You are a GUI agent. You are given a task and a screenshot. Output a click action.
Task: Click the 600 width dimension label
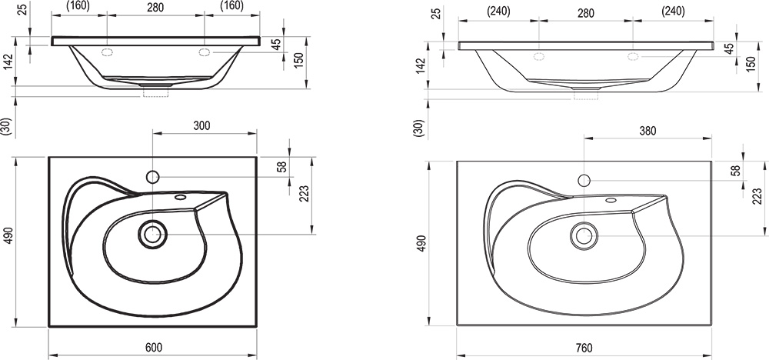point(154,347)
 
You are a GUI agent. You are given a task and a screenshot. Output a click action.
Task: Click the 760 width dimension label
point(584,348)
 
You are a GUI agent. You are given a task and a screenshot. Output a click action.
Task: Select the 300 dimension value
point(201,125)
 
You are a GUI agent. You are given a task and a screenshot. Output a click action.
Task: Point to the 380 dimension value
point(647,131)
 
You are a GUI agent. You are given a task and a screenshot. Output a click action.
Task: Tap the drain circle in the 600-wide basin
point(152,234)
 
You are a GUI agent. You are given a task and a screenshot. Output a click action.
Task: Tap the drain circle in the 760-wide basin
point(584,236)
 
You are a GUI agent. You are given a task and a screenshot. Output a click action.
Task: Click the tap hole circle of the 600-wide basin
point(152,177)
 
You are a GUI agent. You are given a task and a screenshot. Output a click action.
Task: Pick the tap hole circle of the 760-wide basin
point(584,181)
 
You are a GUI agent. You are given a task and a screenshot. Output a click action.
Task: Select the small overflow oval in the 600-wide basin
point(181,198)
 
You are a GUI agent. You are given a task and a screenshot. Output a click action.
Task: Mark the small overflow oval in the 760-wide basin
point(611,200)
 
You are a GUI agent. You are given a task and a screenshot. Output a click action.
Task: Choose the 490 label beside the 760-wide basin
point(421,244)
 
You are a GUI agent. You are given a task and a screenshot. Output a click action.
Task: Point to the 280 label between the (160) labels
point(155,8)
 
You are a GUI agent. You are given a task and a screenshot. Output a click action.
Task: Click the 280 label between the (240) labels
point(585,12)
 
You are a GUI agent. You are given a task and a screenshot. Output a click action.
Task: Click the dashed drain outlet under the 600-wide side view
point(155,92)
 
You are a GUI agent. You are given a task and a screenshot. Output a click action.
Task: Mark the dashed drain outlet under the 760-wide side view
point(586,95)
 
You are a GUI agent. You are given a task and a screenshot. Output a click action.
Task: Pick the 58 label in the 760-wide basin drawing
point(734,170)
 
